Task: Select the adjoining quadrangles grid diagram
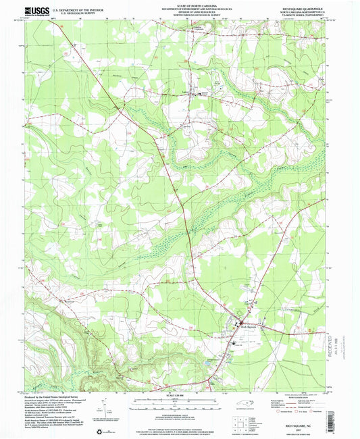(239, 424)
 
